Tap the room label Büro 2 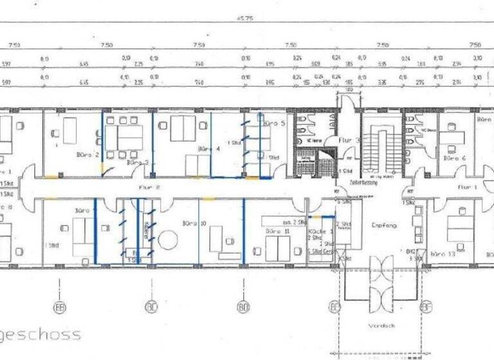[x=87, y=155]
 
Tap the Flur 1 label [x=467, y=187]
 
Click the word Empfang [x=384, y=226]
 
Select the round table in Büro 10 [x=168, y=240]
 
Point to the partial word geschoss [x=41, y=334]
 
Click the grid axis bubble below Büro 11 [x=244, y=308]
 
